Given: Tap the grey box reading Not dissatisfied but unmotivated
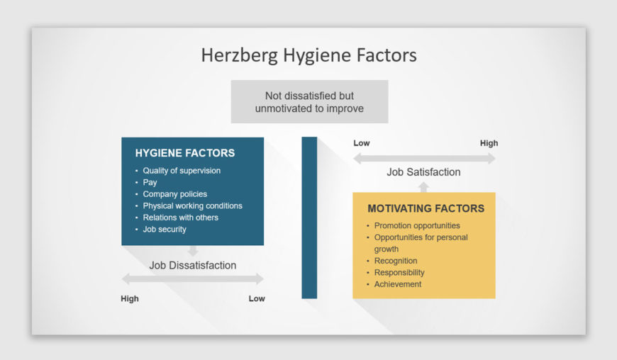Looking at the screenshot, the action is [x=309, y=102].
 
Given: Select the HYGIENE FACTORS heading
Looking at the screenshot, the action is [x=185, y=153].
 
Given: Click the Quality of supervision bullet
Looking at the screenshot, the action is [x=182, y=171].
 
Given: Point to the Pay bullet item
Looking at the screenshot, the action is [x=150, y=182].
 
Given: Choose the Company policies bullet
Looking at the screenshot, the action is [x=174, y=194].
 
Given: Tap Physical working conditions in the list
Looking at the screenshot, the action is [x=192, y=206].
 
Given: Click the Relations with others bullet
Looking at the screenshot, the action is [x=180, y=218].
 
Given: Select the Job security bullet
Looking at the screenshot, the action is [x=165, y=229].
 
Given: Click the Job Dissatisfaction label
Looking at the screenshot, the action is [x=193, y=265].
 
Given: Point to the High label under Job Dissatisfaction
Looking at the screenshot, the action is [x=130, y=298].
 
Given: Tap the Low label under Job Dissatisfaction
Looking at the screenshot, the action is [x=257, y=298].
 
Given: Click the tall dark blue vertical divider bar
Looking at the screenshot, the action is [x=309, y=218].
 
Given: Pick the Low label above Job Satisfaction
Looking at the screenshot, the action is [x=362, y=143].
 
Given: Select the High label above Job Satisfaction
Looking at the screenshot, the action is [x=489, y=143].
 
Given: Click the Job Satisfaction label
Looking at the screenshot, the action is [x=423, y=172].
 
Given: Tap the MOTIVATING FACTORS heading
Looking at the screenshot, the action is [x=426, y=208].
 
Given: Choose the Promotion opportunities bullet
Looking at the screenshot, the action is [x=417, y=225].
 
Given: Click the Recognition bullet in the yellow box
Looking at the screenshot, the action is [x=396, y=261].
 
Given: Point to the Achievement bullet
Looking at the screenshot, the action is [x=398, y=284].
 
